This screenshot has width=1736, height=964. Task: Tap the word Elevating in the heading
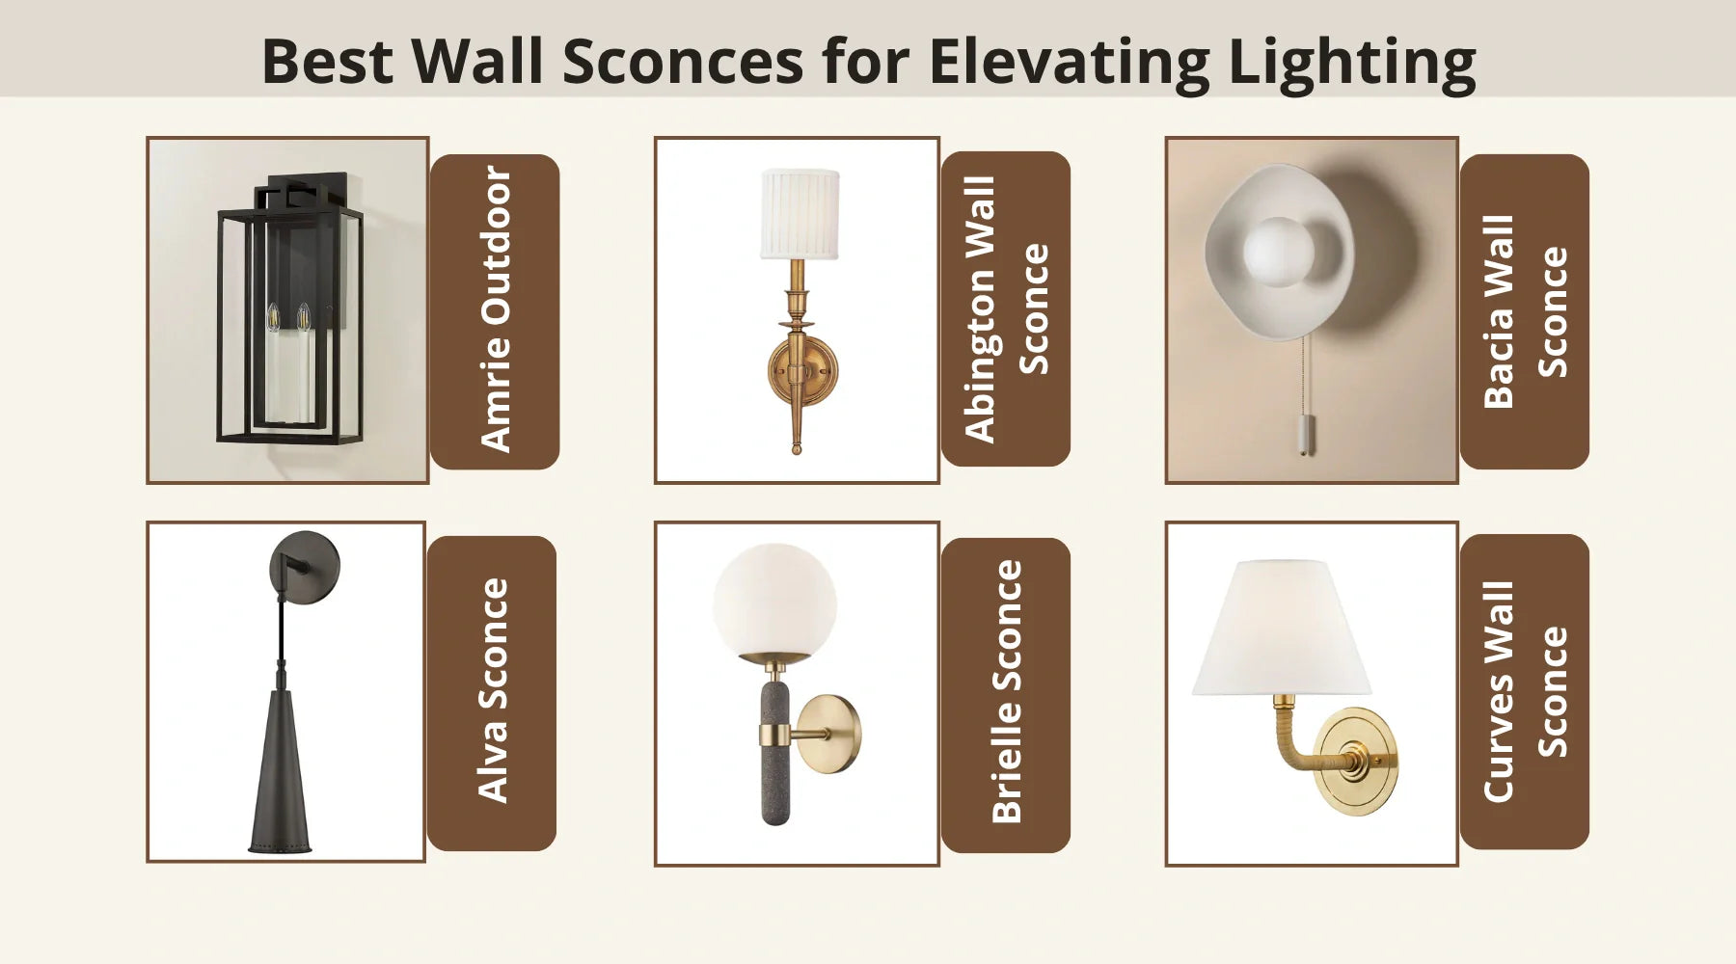(x=1069, y=63)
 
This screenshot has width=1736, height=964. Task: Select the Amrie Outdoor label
(x=495, y=310)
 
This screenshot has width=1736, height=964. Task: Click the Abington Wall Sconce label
(x=1005, y=308)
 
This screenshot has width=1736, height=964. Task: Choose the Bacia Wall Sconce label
(x=1524, y=311)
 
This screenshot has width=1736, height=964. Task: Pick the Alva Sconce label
(x=492, y=692)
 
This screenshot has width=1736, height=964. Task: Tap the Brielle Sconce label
(x=1005, y=694)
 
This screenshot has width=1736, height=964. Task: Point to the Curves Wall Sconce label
(x=1524, y=691)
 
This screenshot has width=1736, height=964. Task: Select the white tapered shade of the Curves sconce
(x=1281, y=629)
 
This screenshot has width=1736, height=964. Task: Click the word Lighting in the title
(x=1351, y=63)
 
